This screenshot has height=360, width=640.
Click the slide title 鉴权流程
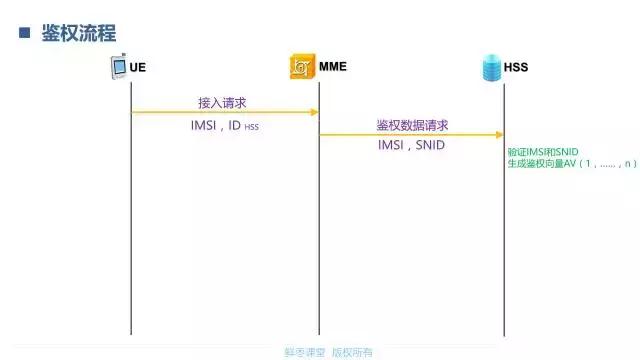[x=80, y=33]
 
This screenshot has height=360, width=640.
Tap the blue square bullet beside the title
[x=25, y=33]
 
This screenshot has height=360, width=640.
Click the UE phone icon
[x=119, y=68]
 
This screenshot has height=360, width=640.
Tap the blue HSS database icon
[x=490, y=68]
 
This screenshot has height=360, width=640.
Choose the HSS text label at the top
[x=516, y=68]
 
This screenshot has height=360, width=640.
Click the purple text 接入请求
[x=221, y=102]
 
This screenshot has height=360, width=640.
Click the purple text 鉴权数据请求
[x=412, y=125]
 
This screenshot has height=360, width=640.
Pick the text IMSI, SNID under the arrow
[x=411, y=146]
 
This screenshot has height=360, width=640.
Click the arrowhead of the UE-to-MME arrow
[x=314, y=112]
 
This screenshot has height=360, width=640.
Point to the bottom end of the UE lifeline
[x=131, y=333]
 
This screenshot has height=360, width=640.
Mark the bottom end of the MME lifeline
[x=319, y=333]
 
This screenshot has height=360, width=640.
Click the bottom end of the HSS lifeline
[x=504, y=333]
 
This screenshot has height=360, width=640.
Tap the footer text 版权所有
[x=352, y=352]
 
